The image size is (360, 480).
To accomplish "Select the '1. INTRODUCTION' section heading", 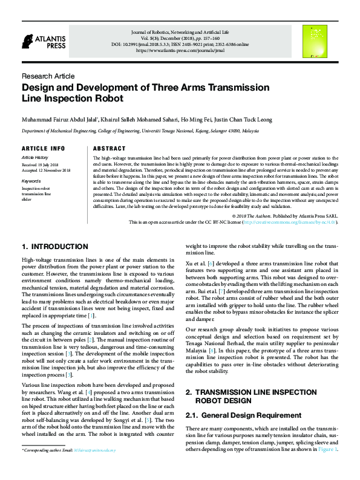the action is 54,247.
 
